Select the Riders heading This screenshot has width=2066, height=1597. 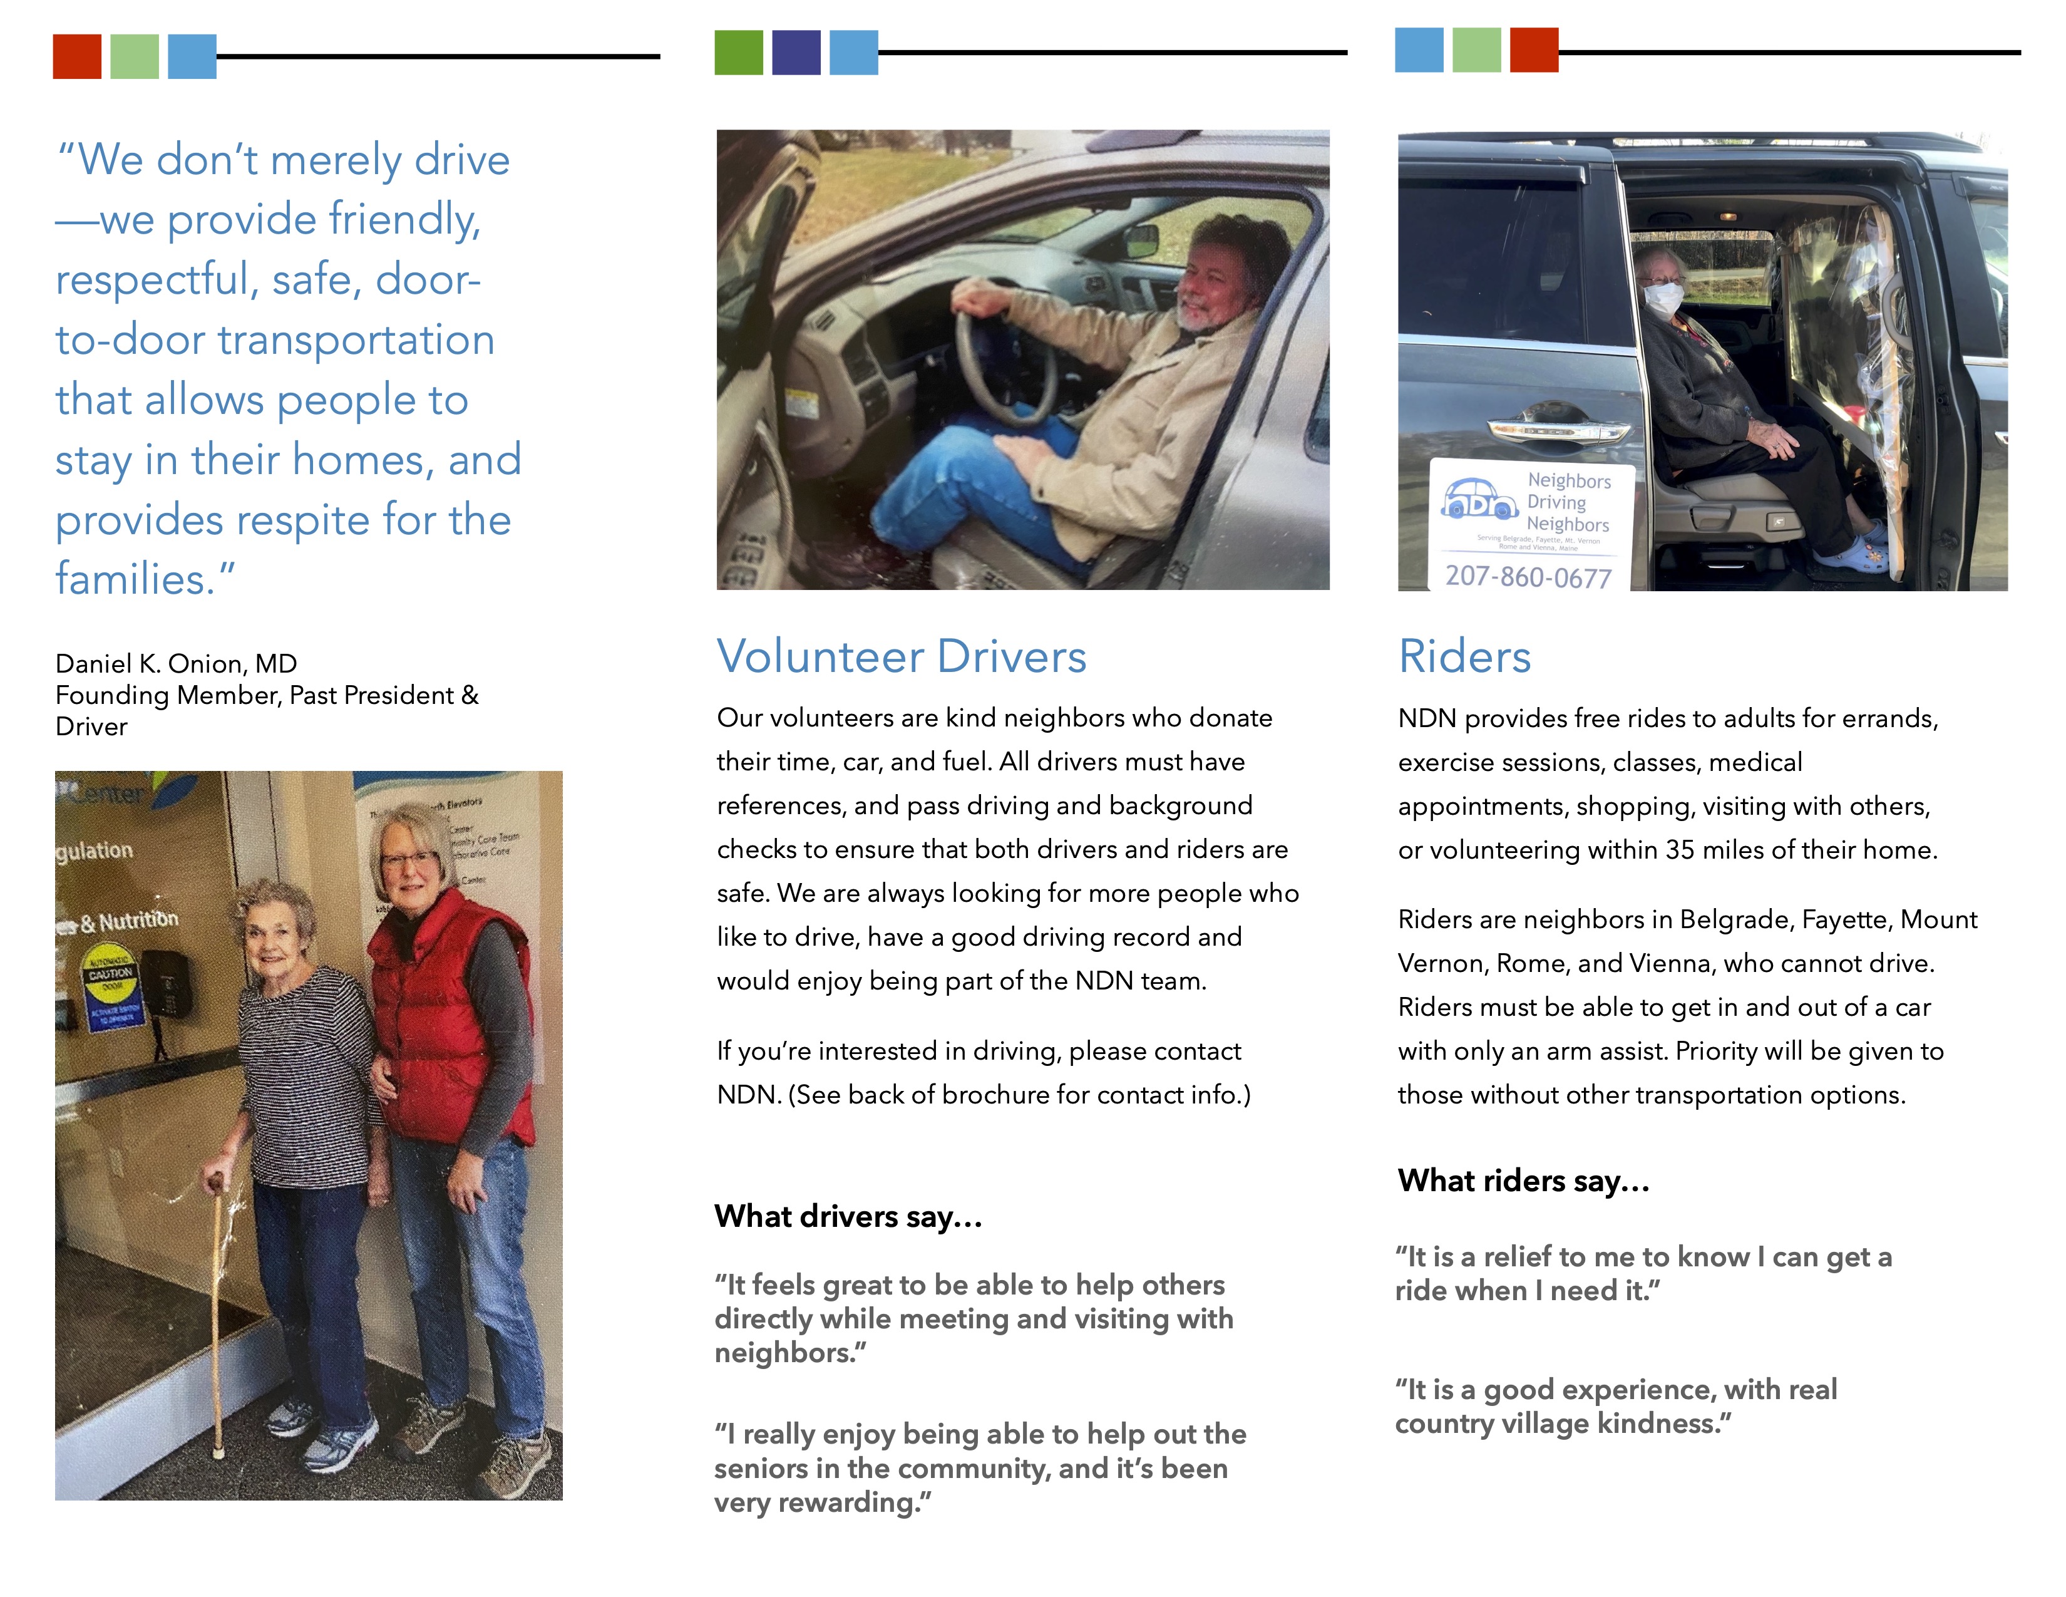point(1464,656)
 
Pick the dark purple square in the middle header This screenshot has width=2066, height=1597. point(796,53)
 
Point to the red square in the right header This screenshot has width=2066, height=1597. point(1533,50)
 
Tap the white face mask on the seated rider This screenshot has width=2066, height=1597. point(1663,299)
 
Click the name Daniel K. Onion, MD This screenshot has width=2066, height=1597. point(176,663)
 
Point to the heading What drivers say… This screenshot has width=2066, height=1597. point(848,1217)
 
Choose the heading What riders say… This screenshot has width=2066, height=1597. point(1523,1181)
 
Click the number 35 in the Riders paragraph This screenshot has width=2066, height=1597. point(1679,850)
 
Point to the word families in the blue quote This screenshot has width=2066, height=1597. point(135,579)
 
